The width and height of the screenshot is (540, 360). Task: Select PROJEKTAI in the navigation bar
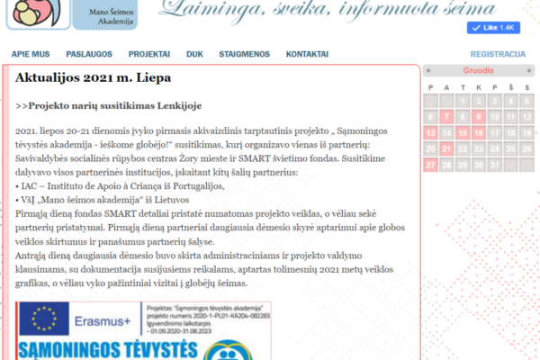148,54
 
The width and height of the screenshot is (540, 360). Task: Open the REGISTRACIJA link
498,54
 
